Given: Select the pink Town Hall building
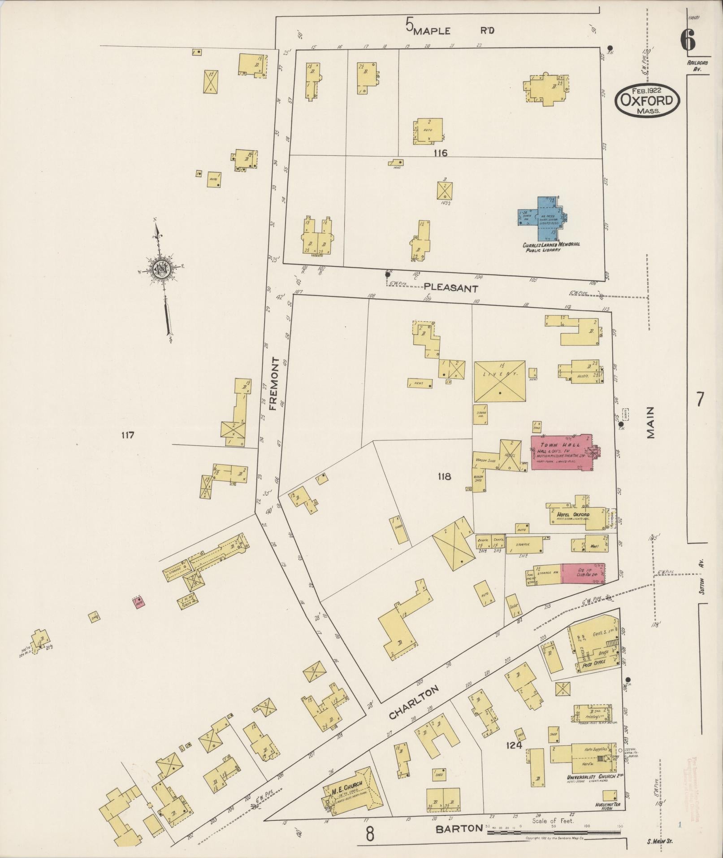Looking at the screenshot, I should (x=563, y=452).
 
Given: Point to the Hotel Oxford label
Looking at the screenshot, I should (x=573, y=514).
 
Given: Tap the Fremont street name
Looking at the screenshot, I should (x=275, y=384).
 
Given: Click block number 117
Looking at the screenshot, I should (x=127, y=435).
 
